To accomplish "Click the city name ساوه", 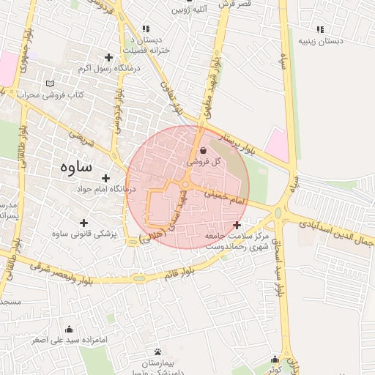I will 76,166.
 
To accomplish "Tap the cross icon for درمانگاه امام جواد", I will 106,178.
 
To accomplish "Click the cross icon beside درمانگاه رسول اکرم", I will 109,57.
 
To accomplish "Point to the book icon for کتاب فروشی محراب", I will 50,83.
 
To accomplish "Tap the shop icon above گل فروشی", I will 193,149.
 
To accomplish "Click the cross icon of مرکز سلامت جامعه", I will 236,225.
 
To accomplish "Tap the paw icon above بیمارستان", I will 157,352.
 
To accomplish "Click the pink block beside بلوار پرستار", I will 277,144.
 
